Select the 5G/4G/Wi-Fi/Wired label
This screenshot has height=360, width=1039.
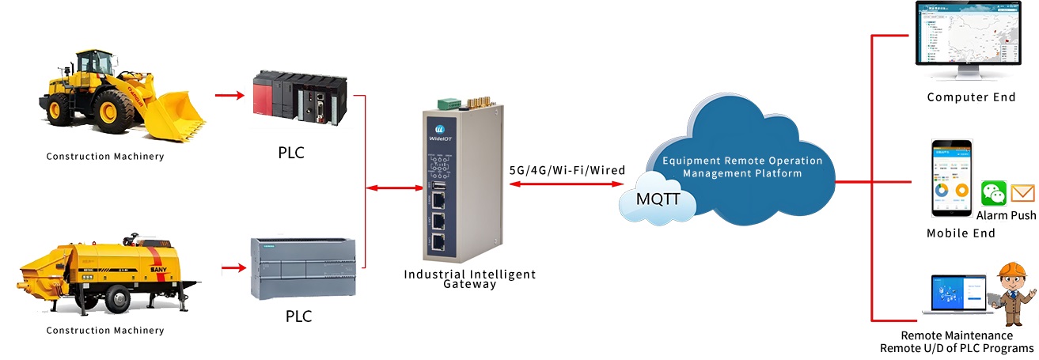(x=567, y=170)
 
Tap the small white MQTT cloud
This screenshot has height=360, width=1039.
(x=657, y=199)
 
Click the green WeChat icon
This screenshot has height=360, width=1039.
(x=994, y=194)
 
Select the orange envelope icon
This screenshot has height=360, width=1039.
(x=1023, y=193)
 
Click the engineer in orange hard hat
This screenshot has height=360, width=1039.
(x=1015, y=293)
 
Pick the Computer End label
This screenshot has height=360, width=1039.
(x=972, y=97)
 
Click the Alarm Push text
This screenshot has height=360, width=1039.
(x=1006, y=216)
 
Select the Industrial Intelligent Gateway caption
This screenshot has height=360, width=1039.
(x=470, y=279)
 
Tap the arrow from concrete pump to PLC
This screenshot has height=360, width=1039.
(x=232, y=267)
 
